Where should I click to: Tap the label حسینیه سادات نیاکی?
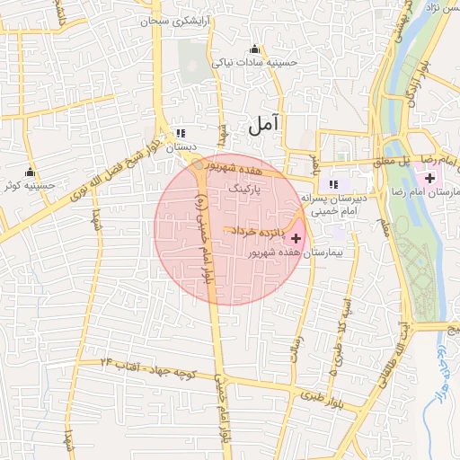pos(254,64)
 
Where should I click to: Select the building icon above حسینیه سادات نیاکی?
pos(255,49)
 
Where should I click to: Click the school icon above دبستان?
pos(181,130)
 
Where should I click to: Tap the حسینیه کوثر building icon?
pos(31,172)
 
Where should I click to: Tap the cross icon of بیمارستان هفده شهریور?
pos(296,238)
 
